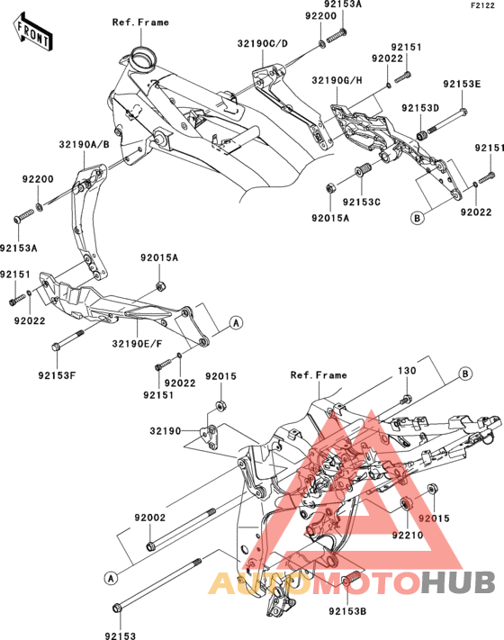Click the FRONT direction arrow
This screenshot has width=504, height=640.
(x=32, y=32)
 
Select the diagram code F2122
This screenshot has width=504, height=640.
(x=482, y=5)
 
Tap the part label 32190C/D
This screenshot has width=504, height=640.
(x=263, y=43)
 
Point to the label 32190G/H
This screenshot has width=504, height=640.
(x=337, y=80)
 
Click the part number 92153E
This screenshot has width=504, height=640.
(x=462, y=84)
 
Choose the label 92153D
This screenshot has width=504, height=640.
(x=420, y=108)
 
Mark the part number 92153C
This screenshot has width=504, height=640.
(x=362, y=202)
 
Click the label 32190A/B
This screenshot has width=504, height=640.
(x=85, y=145)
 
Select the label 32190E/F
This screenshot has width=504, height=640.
(x=137, y=344)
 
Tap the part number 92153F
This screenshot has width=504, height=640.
(x=57, y=375)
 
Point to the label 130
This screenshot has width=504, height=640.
(x=407, y=371)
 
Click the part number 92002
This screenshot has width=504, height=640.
(x=150, y=518)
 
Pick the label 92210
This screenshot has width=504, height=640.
(x=408, y=535)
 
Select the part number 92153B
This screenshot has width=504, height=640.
(x=347, y=611)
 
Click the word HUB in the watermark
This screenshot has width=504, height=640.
(x=458, y=582)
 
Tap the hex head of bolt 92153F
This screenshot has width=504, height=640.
(x=57, y=347)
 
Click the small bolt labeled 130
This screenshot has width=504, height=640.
(x=406, y=399)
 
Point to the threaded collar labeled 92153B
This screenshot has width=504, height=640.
(x=351, y=578)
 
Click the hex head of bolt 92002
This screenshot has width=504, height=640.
(x=150, y=545)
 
